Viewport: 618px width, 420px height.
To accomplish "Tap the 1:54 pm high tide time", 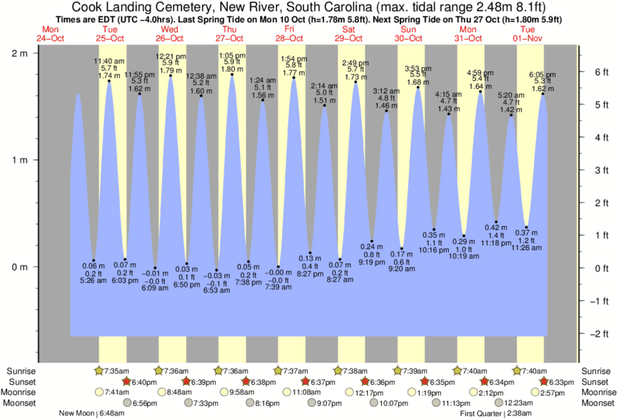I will pyautogui.click(x=293, y=58).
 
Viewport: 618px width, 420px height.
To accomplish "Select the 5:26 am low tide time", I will pyautogui.click(x=93, y=281).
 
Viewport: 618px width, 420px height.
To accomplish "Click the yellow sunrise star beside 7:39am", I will pyautogui.click(x=398, y=370).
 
